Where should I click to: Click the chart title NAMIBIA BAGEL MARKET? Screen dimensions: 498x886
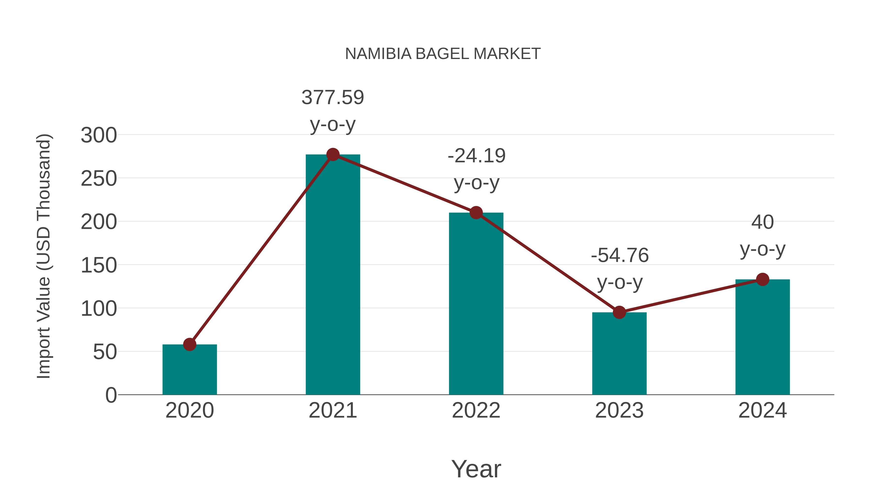443,54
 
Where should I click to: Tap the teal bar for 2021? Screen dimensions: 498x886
332,275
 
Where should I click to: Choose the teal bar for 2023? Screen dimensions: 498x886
619,354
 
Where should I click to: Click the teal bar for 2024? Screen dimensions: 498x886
762,337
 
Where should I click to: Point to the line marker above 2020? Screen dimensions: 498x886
190,344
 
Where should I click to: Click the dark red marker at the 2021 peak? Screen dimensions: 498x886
332,155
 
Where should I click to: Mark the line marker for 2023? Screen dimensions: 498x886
619,312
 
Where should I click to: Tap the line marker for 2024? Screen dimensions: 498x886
762,279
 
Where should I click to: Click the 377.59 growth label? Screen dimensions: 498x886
332,98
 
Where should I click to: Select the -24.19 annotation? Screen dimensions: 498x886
476,156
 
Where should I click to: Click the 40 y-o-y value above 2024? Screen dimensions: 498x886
762,222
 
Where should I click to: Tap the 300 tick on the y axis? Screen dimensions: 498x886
99,135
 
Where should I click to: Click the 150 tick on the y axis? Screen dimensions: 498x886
99,265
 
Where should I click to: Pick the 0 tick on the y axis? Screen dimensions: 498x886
111,395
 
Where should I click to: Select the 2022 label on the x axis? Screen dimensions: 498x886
476,411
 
